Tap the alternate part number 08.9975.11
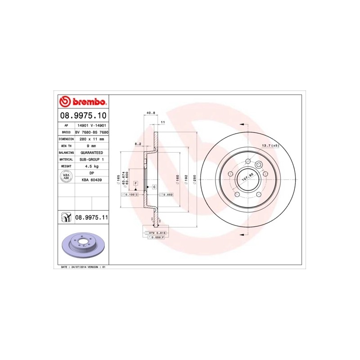91,217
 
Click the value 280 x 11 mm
91,139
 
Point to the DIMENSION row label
66,139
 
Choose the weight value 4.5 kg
91,166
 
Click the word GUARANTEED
91,153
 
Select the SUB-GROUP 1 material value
91,159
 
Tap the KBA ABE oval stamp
66,176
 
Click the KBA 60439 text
91,180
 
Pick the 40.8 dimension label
151,113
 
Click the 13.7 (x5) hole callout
270,146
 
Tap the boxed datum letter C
154,186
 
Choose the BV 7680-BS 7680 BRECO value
91,132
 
